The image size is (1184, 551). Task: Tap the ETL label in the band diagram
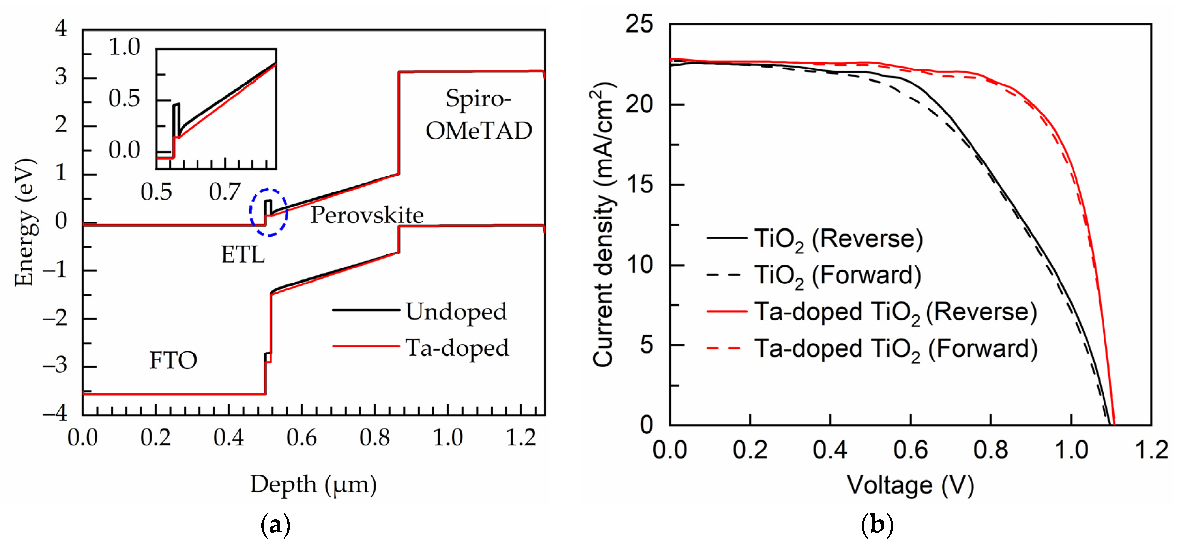click(x=243, y=254)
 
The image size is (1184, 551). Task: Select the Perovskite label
click(x=367, y=215)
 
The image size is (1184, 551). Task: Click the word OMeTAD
click(x=478, y=131)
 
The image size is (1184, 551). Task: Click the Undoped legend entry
click(x=456, y=311)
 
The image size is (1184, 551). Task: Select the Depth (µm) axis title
click(x=314, y=484)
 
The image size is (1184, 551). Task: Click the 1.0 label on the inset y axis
click(x=124, y=47)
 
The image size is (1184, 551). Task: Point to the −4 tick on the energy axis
click(x=55, y=413)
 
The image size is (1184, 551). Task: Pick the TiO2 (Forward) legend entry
click(x=838, y=275)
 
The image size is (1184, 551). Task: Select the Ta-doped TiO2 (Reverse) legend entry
click(x=895, y=312)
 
